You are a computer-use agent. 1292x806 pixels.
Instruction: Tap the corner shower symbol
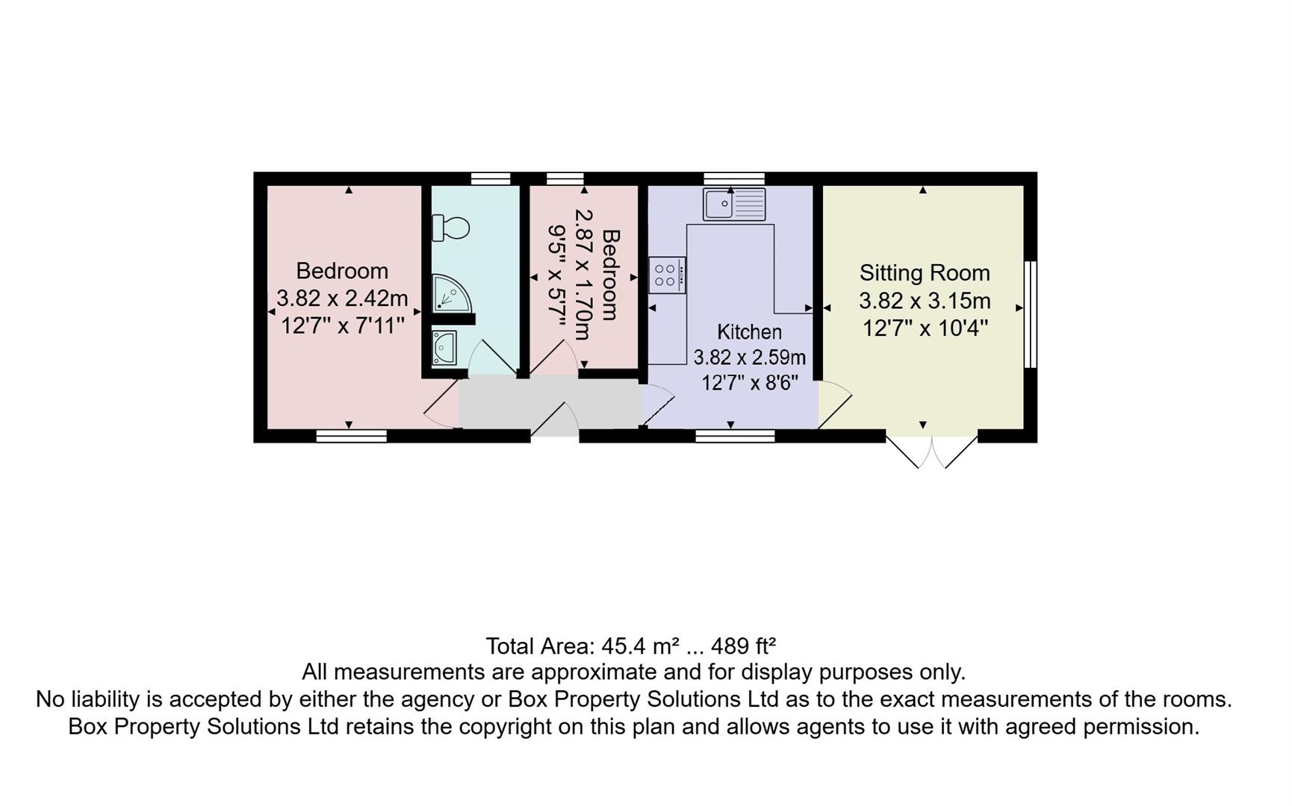[x=450, y=293]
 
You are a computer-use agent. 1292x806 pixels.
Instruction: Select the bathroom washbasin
[x=444, y=348]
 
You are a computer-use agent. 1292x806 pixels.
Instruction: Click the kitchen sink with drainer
[x=734, y=204]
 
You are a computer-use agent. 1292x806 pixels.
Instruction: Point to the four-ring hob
[x=667, y=275]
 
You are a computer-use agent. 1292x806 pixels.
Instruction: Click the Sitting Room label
[x=925, y=273]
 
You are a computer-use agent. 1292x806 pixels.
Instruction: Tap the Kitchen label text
[x=749, y=332]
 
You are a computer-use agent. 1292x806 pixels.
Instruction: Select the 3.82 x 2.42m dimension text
[x=342, y=299]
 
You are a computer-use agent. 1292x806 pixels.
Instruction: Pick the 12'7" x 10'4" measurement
[x=925, y=328]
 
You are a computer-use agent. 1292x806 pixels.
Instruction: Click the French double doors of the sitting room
[x=932, y=450]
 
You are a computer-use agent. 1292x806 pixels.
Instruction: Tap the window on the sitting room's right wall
[x=1031, y=314]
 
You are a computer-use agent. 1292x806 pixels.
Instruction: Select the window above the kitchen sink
[x=734, y=178]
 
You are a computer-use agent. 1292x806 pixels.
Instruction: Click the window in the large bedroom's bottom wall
[x=351, y=436]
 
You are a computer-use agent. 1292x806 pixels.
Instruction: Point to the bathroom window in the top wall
[x=491, y=178]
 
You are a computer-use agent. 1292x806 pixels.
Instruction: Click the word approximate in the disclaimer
[x=597, y=672]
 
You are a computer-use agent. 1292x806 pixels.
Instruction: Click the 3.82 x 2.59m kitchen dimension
[x=749, y=357]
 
